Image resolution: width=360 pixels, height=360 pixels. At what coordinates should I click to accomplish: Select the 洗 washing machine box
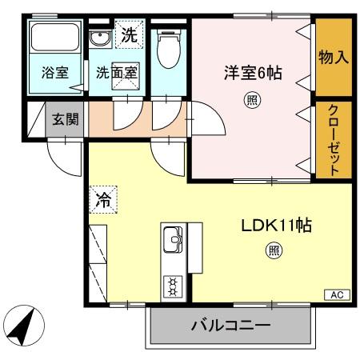[x=128, y=35]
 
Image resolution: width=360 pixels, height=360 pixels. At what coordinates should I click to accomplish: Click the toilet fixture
[x=168, y=48]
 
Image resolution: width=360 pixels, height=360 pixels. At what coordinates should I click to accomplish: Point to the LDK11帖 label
[x=276, y=226]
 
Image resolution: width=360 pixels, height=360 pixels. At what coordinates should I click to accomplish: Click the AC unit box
[x=337, y=294]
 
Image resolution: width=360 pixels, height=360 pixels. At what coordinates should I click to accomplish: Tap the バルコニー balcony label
[x=230, y=326]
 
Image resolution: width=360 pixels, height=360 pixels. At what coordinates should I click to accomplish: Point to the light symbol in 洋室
[x=251, y=100]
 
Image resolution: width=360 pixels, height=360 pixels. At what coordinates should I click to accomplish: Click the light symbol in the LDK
[x=273, y=250]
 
